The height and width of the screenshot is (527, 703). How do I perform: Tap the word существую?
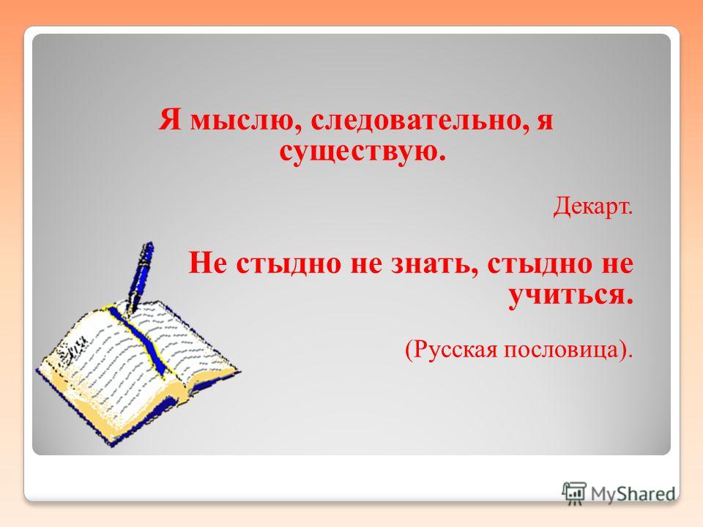364,152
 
